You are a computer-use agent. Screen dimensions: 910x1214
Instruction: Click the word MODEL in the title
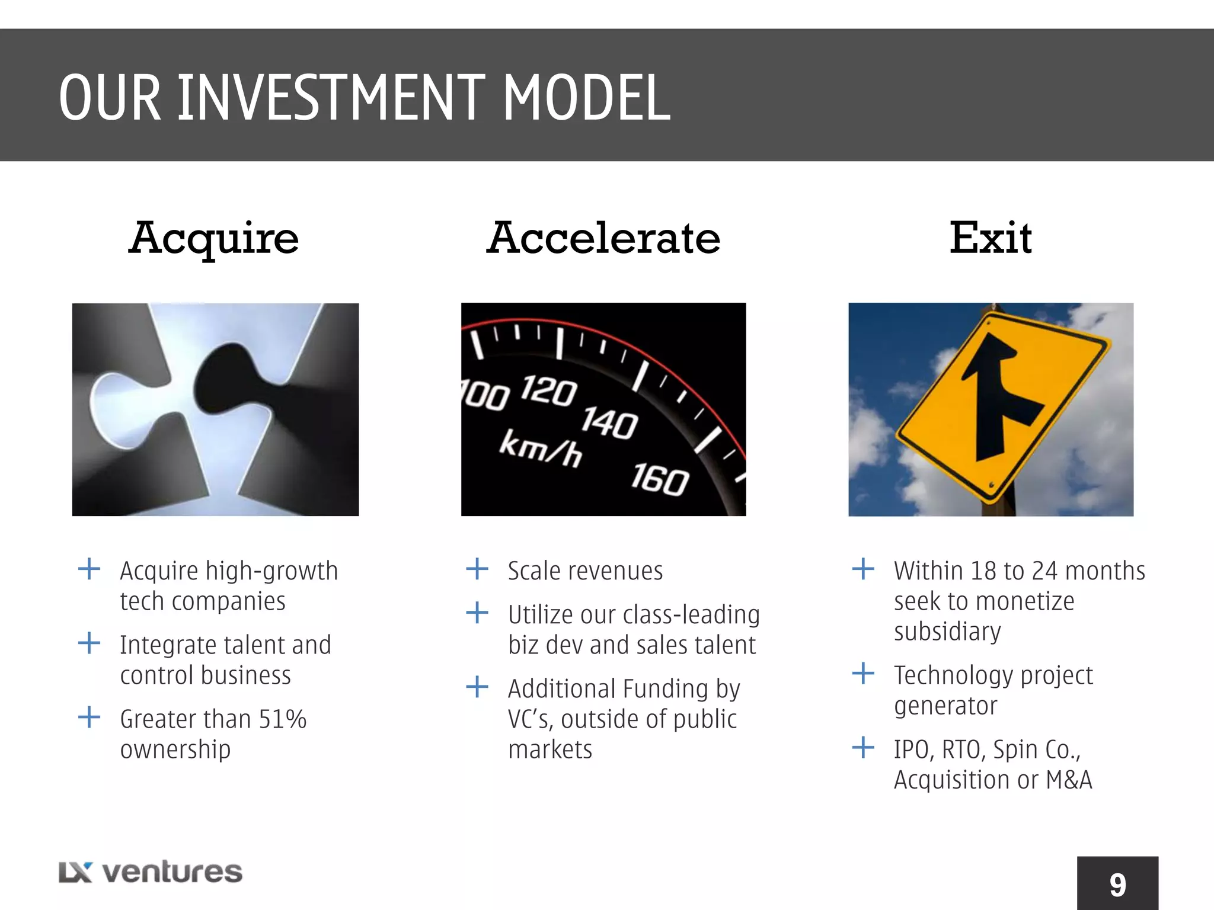(587, 98)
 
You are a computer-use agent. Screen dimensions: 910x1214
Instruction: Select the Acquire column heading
(213, 238)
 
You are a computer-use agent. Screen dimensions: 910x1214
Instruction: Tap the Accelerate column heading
(603, 238)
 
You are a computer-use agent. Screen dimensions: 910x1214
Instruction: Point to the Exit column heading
(991, 238)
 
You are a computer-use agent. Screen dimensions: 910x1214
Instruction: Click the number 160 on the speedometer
(659, 479)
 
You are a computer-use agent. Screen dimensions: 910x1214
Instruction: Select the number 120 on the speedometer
(548, 390)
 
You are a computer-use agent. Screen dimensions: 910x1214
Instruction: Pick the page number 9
(1117, 885)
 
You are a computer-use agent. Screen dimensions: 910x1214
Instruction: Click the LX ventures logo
(151, 872)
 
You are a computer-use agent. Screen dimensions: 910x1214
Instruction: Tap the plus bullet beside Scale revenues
(477, 569)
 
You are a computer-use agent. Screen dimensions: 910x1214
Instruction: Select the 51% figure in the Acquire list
(283, 719)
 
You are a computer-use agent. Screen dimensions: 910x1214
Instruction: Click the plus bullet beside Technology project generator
(863, 673)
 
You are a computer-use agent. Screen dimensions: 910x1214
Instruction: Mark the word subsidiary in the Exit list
(947, 632)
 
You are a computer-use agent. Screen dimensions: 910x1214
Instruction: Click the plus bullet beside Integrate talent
(89, 643)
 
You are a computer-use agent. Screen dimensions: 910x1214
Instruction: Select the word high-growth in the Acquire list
(271, 571)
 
